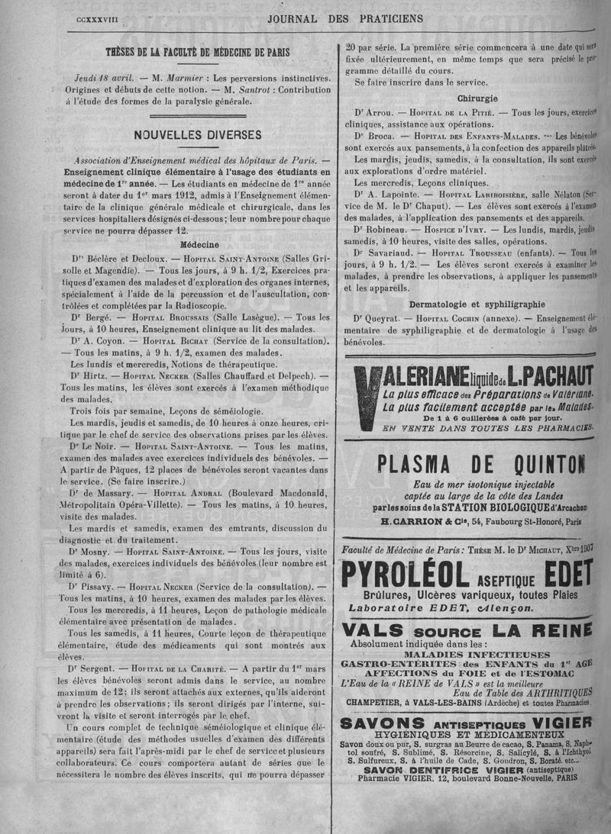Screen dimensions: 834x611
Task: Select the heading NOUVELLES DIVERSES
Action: pyautogui.click(x=197, y=134)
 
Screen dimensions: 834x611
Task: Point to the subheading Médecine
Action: pyautogui.click(x=197, y=246)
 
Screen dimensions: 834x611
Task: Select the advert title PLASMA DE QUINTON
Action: pyautogui.click(x=480, y=462)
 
